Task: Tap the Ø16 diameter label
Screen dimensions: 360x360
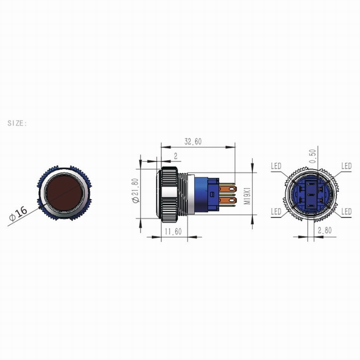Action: click(18, 213)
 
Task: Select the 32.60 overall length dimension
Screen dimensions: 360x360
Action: click(193, 141)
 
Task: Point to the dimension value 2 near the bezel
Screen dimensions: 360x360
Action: click(175, 156)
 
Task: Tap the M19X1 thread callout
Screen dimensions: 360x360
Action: click(246, 193)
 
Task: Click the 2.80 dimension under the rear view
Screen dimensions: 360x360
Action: click(325, 230)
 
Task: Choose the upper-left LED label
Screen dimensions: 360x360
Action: click(276, 166)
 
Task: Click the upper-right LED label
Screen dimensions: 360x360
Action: click(346, 166)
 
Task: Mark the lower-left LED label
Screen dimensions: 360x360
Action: click(276, 211)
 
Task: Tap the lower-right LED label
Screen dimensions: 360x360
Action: click(346, 211)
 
